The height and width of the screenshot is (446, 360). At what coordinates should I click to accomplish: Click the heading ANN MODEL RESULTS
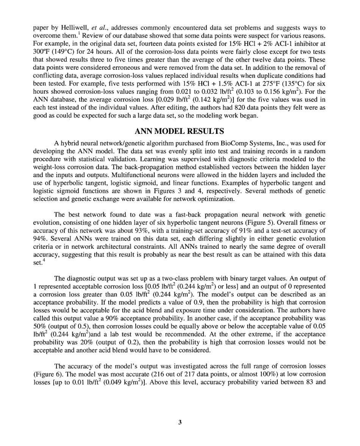pos(180,131)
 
